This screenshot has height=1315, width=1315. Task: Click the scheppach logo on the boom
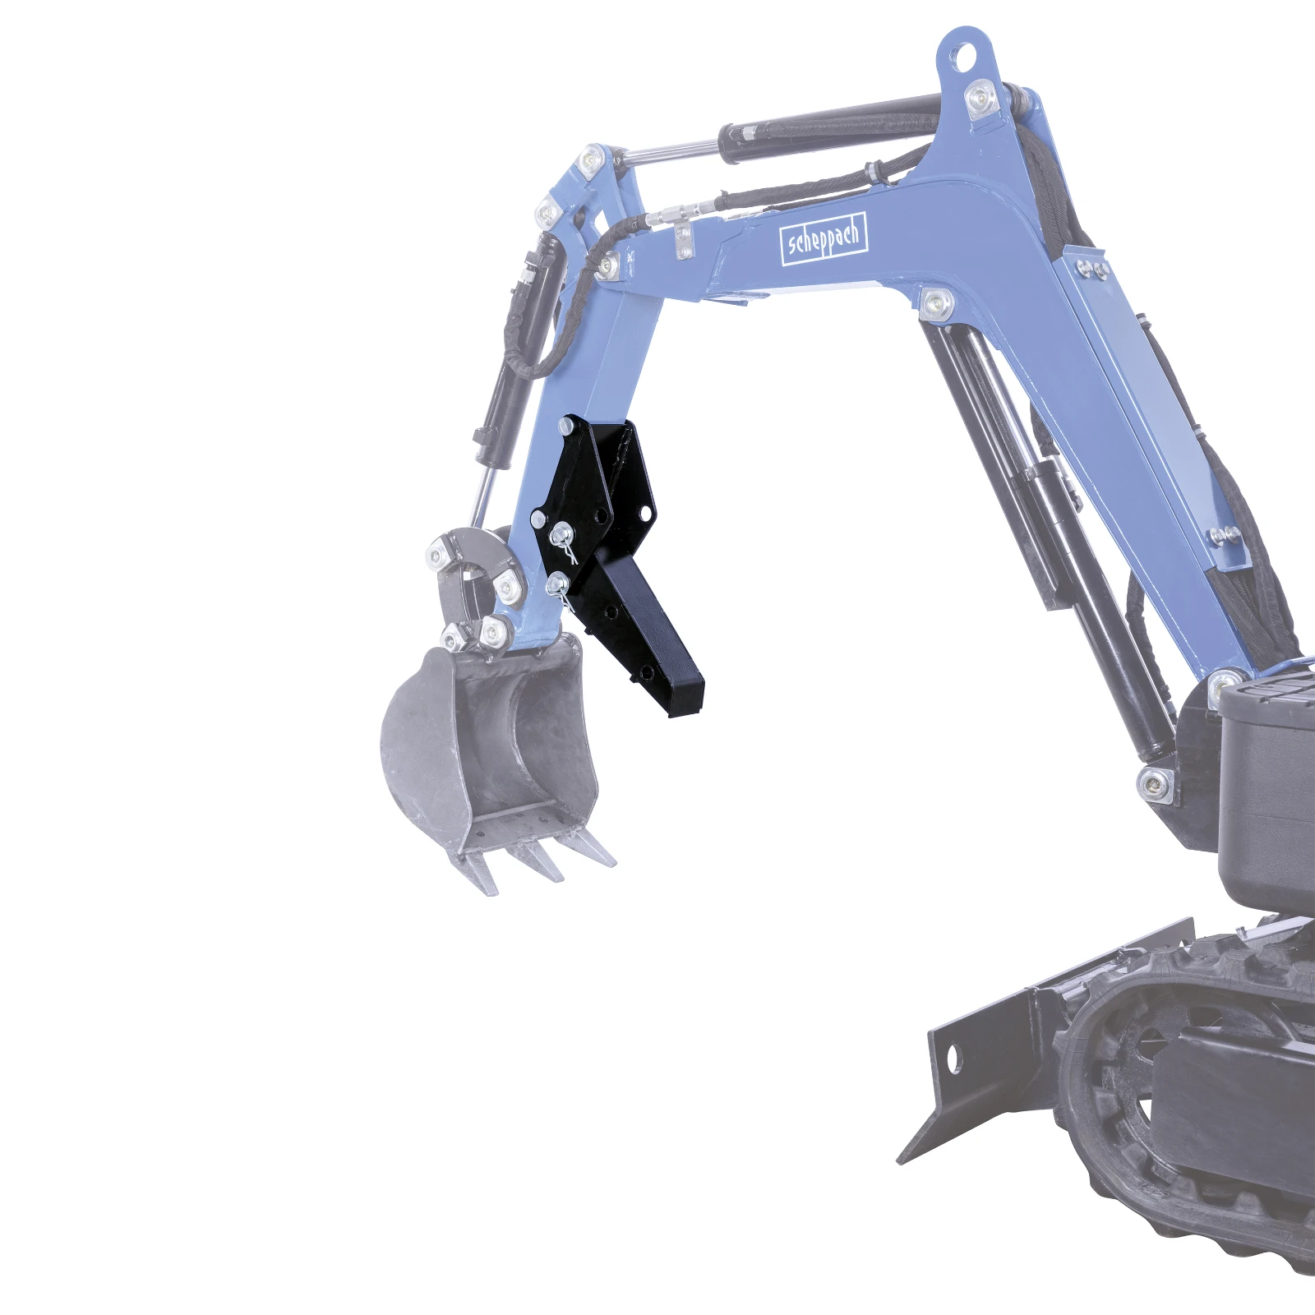(x=823, y=238)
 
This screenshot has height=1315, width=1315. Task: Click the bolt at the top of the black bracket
(x=566, y=427)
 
